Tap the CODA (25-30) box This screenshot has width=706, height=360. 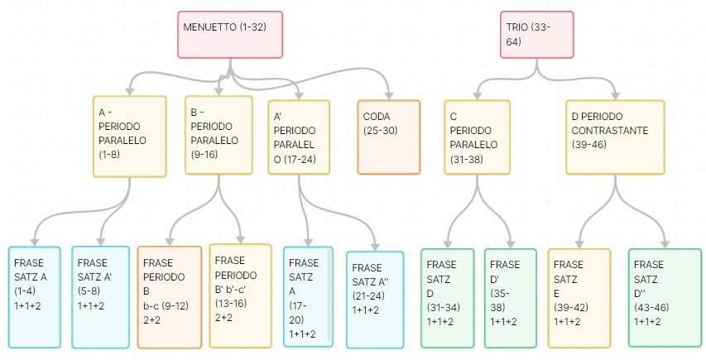point(388,137)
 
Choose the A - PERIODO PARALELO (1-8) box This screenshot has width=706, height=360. point(130,137)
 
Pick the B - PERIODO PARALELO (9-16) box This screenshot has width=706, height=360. point(219,135)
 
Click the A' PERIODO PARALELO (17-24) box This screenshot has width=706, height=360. point(300,137)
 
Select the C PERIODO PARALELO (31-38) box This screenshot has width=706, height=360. point(478,137)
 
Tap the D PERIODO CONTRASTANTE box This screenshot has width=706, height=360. point(615,137)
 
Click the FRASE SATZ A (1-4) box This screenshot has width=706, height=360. point(34,296)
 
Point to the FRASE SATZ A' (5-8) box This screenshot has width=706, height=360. point(97,296)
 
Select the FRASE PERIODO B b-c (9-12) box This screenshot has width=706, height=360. point(169,297)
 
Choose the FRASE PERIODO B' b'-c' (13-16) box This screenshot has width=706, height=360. point(240,295)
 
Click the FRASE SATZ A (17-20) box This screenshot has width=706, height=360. point(307,296)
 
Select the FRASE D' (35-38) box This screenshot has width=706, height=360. point(511,297)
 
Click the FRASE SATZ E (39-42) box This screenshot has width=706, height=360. point(579,297)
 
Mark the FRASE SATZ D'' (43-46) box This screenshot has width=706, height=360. point(660,297)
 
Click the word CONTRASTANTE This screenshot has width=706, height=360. point(608,131)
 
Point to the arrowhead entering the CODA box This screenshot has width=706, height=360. point(389,94)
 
